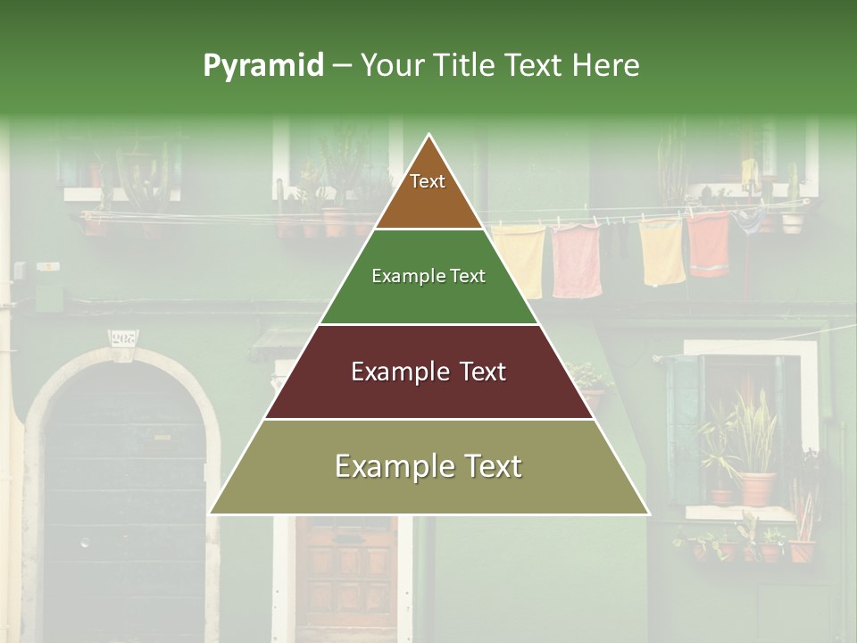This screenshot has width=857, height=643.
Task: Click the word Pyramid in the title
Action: [262, 66]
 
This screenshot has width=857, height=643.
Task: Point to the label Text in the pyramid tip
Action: [428, 181]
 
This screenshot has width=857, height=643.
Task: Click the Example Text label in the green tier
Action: [428, 276]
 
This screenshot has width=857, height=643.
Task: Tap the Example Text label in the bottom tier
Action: [428, 466]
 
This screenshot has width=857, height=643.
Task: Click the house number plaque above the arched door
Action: [123, 338]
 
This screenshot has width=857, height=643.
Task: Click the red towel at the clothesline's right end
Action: [709, 243]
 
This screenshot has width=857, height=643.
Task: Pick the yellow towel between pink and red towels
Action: [662, 250]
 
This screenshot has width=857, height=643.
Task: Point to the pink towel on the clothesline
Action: [576, 260]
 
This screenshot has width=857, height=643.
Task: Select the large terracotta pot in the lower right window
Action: [757, 489]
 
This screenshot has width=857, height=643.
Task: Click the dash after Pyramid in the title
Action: [341, 66]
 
